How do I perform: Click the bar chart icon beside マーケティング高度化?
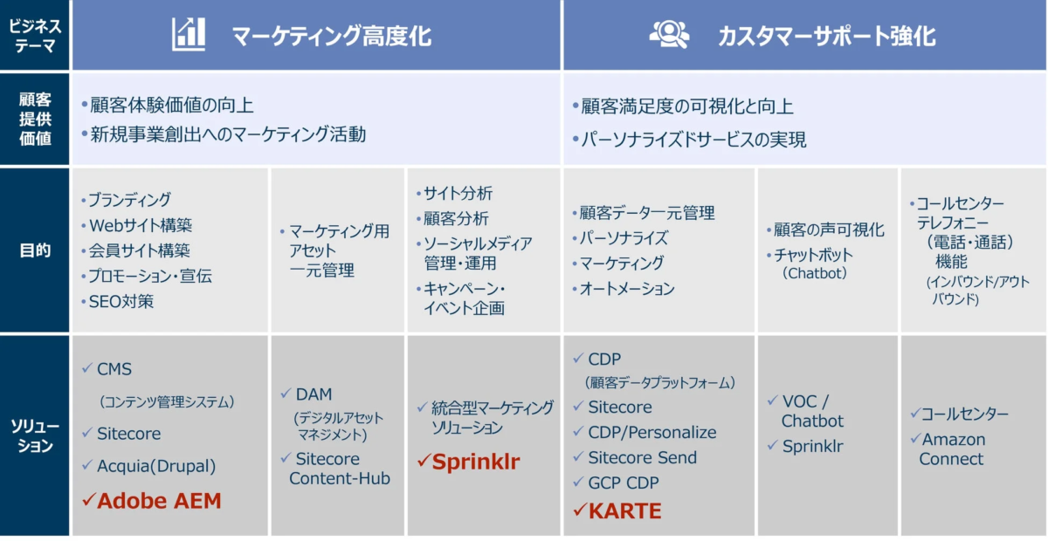[188, 34]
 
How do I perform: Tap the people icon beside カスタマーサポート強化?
[669, 34]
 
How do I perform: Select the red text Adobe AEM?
[159, 501]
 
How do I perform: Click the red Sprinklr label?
[476, 462]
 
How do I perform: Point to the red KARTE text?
[625, 510]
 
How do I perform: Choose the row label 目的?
[35, 250]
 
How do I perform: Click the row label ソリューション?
[35, 435]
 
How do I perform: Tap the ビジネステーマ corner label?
[35, 36]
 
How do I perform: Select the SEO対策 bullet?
[121, 302]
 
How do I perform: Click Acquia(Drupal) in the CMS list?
[156, 466]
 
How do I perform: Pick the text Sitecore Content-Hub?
[339, 469]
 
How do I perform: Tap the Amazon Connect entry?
[952, 449]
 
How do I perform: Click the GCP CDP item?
[624, 483]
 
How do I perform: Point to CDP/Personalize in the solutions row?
[652, 433]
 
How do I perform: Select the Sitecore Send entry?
[643, 457]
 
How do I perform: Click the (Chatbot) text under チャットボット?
[815, 273]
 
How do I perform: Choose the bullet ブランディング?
[129, 200]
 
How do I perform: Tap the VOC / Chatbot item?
[812, 411]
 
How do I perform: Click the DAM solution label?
[314, 394]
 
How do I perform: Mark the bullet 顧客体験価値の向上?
[172, 106]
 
